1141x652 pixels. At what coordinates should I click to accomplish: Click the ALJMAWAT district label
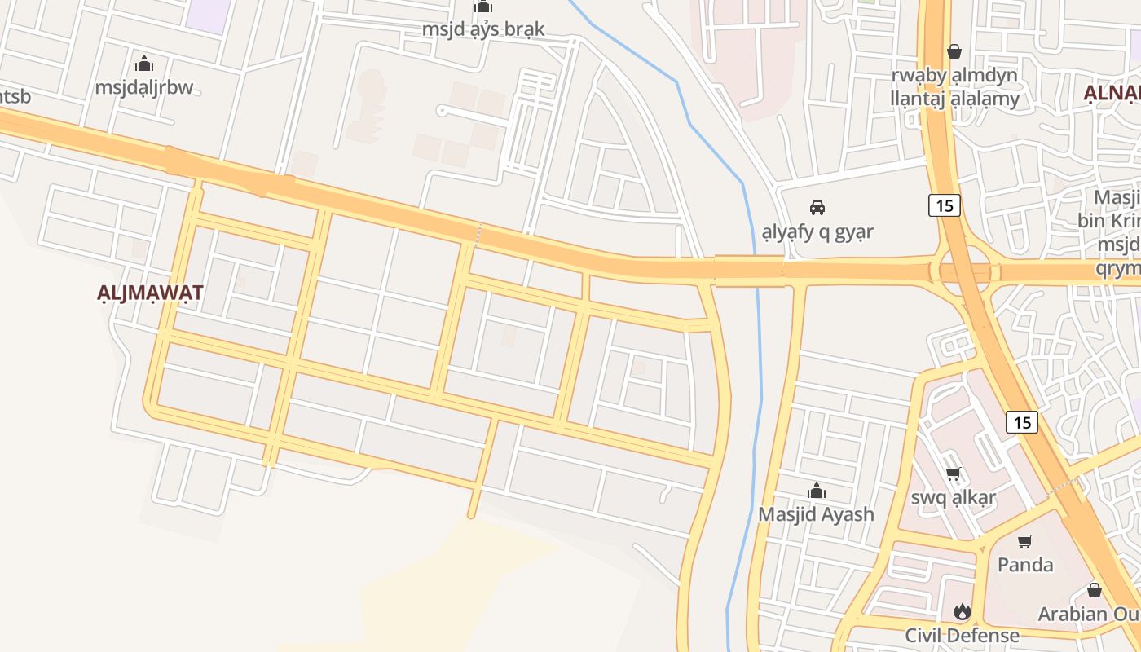[x=150, y=293]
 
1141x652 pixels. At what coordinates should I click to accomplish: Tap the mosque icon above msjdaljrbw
[x=144, y=63]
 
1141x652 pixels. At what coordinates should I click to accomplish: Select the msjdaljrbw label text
[x=144, y=87]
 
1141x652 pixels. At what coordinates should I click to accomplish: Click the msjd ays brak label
[x=483, y=29]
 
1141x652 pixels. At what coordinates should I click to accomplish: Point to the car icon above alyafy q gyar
[x=817, y=207]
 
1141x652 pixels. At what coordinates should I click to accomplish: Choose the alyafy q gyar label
[x=817, y=231]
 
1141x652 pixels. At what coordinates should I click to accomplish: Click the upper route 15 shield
[x=945, y=205]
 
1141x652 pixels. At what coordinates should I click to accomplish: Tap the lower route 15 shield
[x=1022, y=422]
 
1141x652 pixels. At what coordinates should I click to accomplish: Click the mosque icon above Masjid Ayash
[x=816, y=491]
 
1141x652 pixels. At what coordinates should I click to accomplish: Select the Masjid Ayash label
[x=816, y=514]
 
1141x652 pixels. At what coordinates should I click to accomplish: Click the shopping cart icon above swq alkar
[x=954, y=474]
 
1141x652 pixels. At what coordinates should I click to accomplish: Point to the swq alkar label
[x=954, y=497]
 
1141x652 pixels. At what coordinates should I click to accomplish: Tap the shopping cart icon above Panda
[x=1025, y=541]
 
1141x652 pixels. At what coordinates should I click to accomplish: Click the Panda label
[x=1025, y=564]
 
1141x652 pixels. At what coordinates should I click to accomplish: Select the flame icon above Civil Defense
[x=963, y=611]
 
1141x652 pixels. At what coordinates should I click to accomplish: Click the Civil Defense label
[x=963, y=635]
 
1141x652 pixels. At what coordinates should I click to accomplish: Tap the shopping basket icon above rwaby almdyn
[x=954, y=51]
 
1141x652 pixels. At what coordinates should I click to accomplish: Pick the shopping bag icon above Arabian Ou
[x=1095, y=590]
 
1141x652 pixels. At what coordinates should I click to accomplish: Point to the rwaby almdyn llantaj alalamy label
[x=955, y=87]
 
